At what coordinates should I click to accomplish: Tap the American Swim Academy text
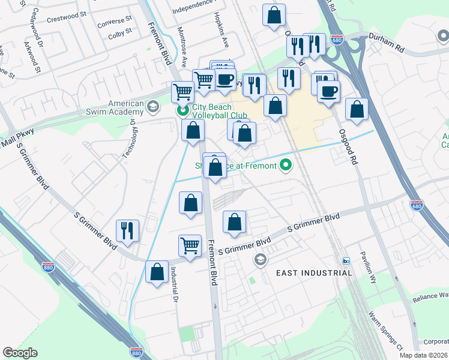coord(118,108)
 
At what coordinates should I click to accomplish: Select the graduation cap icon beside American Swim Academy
coord(153,107)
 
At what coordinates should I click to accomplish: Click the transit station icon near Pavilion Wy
coord(346,261)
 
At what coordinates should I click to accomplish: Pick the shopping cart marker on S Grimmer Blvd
coord(190,246)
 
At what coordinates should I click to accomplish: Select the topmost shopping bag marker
coord(274,16)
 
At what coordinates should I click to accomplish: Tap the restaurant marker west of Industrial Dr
coord(127,230)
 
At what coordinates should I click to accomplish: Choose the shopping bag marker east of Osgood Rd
coord(357,110)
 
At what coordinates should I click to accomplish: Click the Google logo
coord(20,353)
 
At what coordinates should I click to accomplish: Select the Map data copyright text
coord(423,355)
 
